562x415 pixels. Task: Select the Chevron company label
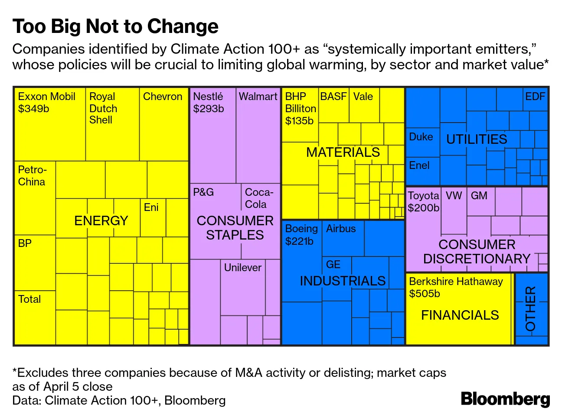(x=163, y=97)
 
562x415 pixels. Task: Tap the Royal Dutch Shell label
(x=103, y=108)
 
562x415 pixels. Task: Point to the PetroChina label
(x=32, y=175)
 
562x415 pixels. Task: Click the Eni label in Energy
(x=151, y=207)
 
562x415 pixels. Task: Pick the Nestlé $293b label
(x=209, y=103)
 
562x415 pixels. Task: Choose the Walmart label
(x=258, y=97)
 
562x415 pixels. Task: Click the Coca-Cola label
(x=259, y=198)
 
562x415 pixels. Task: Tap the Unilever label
(x=243, y=268)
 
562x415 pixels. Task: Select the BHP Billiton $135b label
(x=300, y=108)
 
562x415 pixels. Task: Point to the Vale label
(x=363, y=97)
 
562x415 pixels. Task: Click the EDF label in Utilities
(x=535, y=97)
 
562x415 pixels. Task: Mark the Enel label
(x=419, y=165)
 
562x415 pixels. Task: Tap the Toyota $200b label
(x=424, y=202)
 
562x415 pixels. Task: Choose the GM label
(x=479, y=196)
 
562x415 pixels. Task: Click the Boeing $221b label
(x=301, y=235)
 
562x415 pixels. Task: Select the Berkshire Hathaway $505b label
(x=456, y=287)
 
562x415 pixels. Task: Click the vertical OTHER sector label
(x=531, y=308)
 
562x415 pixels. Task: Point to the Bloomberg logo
(x=505, y=399)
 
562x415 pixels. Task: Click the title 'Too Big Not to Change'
(x=115, y=26)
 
